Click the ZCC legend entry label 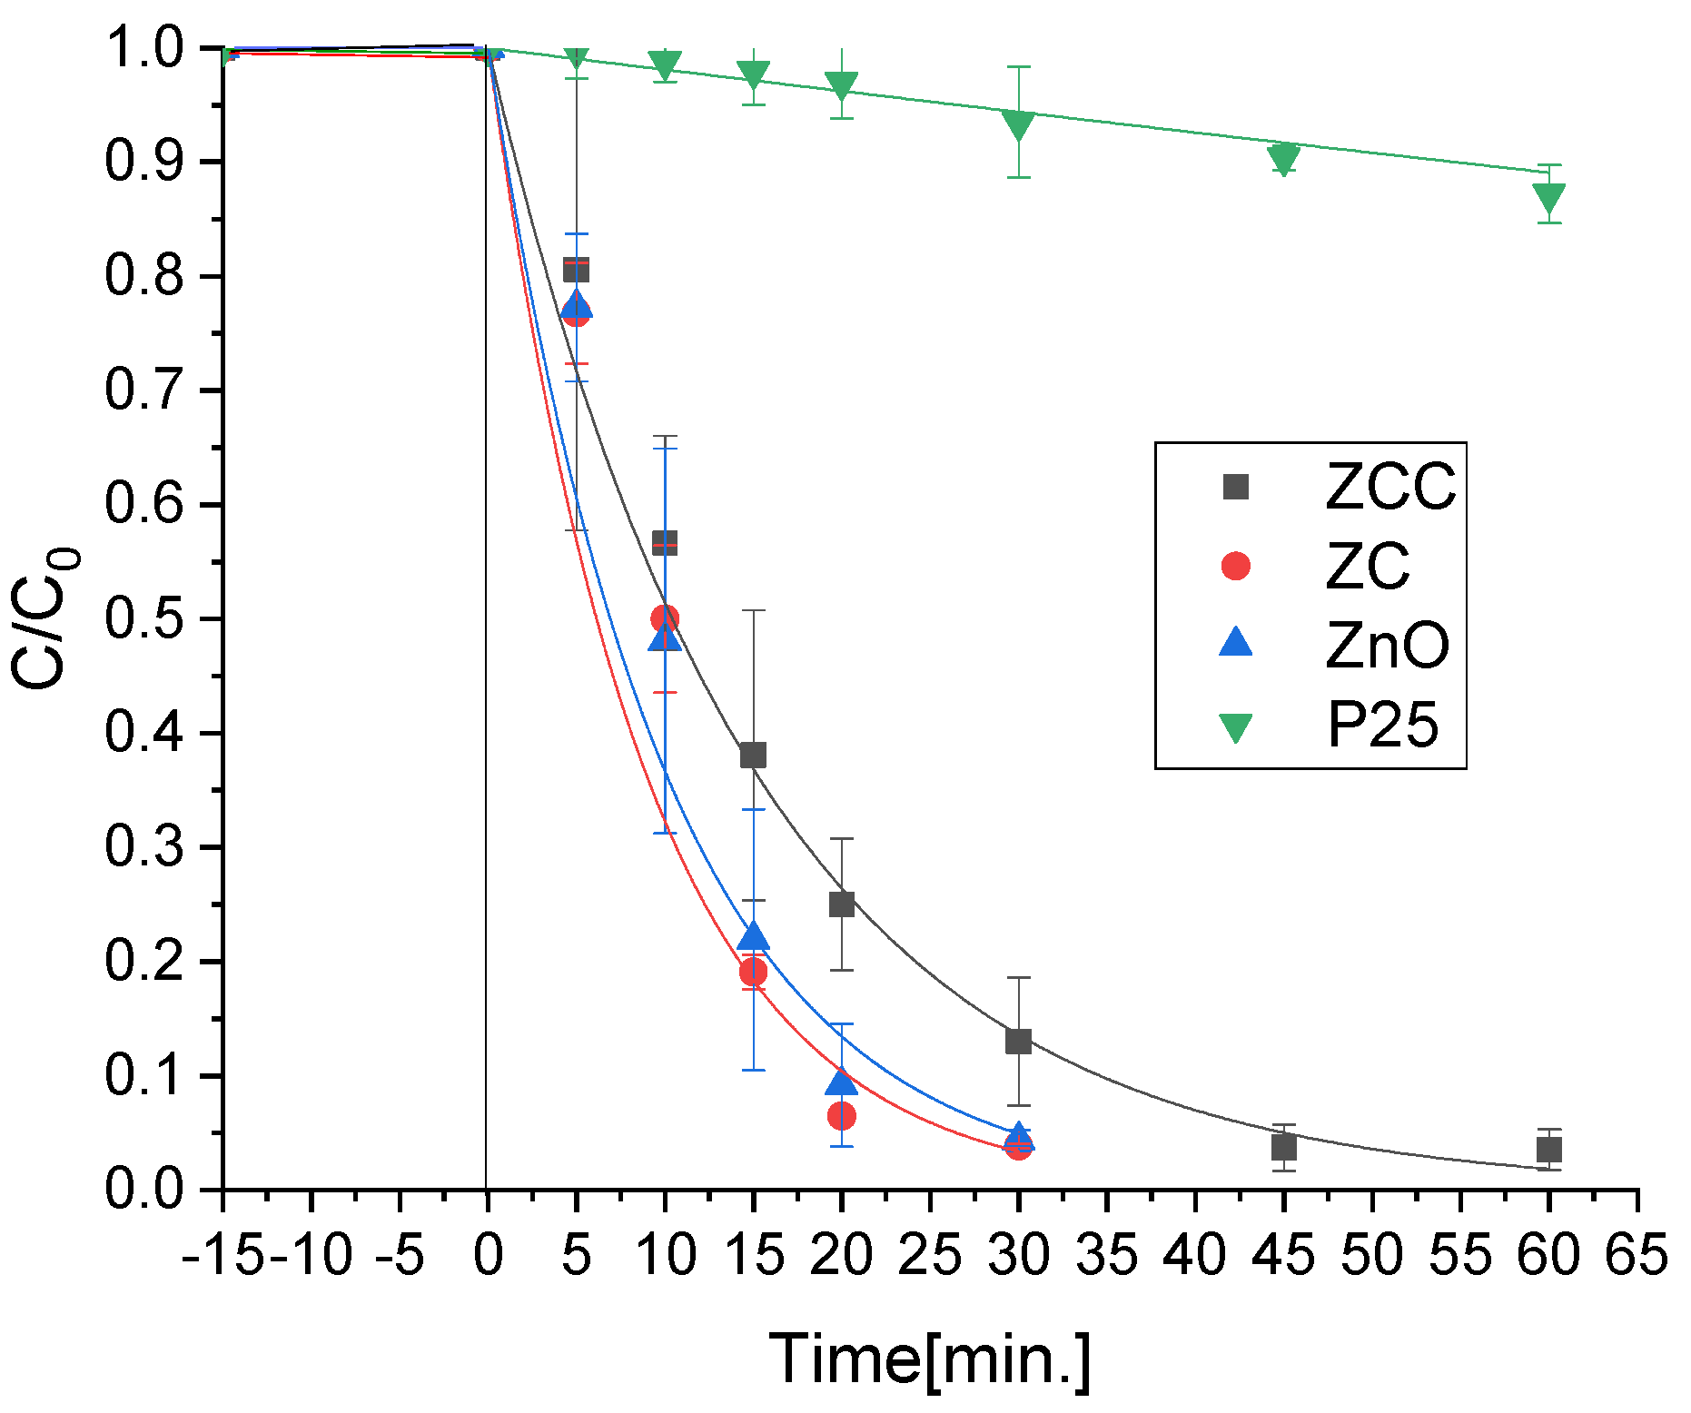pyautogui.click(x=1389, y=487)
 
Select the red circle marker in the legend pyautogui.click(x=1235, y=566)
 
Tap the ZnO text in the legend pyautogui.click(x=1387, y=646)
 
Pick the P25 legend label pyautogui.click(x=1382, y=726)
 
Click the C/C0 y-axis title pyautogui.click(x=45, y=618)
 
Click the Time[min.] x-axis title pyautogui.click(x=929, y=1359)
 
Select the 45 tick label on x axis pyautogui.click(x=1283, y=1256)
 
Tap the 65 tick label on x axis pyautogui.click(x=1637, y=1256)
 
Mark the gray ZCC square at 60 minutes pyautogui.click(x=1549, y=1150)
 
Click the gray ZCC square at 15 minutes pyautogui.click(x=753, y=755)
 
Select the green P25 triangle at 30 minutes pyautogui.click(x=1019, y=124)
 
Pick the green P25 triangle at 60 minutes pyautogui.click(x=1549, y=196)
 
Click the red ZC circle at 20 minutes pyautogui.click(x=841, y=1115)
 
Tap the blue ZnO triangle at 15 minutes pyautogui.click(x=753, y=937)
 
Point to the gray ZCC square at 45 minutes pyautogui.click(x=1283, y=1147)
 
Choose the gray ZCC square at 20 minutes pyautogui.click(x=842, y=904)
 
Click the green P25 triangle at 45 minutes pyautogui.click(x=1283, y=158)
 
